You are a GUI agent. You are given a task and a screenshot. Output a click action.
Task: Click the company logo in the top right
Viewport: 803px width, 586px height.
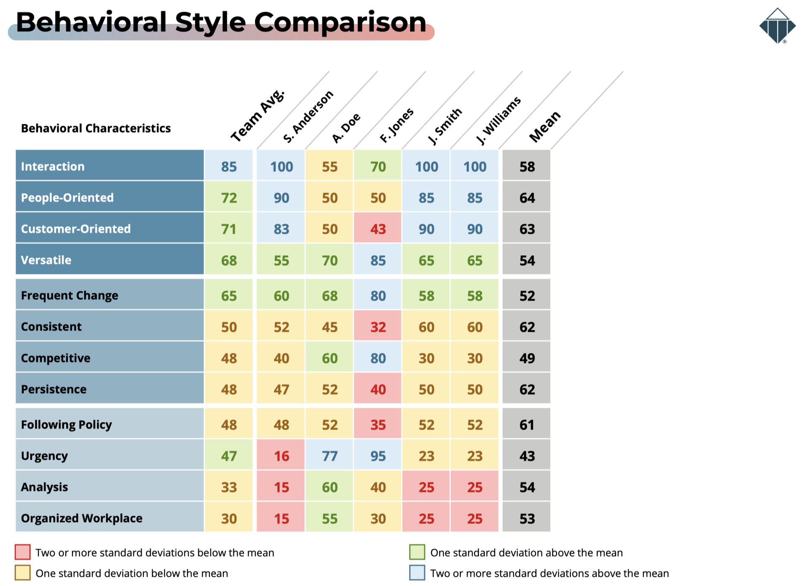tap(777, 26)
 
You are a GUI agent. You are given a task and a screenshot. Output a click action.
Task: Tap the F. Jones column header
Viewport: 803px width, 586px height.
tap(396, 125)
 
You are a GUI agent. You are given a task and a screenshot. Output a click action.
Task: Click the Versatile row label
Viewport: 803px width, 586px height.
tap(46, 260)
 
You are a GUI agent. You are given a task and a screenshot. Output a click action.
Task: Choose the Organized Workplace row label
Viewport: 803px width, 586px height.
tap(82, 518)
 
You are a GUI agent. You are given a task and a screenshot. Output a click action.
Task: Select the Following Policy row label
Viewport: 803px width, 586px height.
tap(66, 425)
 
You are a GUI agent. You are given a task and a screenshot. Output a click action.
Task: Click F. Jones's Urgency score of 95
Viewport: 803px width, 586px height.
tap(378, 456)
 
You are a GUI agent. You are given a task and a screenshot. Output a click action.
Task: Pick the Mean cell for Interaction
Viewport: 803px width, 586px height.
tap(527, 166)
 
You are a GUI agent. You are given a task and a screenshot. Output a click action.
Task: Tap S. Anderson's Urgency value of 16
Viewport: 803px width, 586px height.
tap(281, 456)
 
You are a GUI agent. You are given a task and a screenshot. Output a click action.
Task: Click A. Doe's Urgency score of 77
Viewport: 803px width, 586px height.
tap(330, 456)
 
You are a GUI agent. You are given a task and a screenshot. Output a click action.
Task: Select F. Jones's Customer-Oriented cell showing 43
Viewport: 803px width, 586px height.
tap(378, 229)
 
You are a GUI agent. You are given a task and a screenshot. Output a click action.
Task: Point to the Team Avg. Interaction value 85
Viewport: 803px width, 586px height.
tap(229, 166)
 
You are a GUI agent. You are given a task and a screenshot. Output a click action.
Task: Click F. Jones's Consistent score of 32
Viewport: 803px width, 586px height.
tap(378, 327)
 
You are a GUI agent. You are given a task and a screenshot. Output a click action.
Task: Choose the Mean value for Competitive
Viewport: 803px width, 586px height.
tap(527, 358)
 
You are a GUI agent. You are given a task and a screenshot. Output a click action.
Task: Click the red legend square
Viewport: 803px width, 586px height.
tap(23, 552)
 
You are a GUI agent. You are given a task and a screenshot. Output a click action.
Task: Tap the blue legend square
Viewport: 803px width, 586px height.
tap(417, 573)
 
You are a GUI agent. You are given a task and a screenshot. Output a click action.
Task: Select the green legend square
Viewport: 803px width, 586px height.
tap(417, 552)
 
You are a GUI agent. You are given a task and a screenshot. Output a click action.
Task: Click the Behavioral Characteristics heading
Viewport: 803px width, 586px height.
tap(96, 128)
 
